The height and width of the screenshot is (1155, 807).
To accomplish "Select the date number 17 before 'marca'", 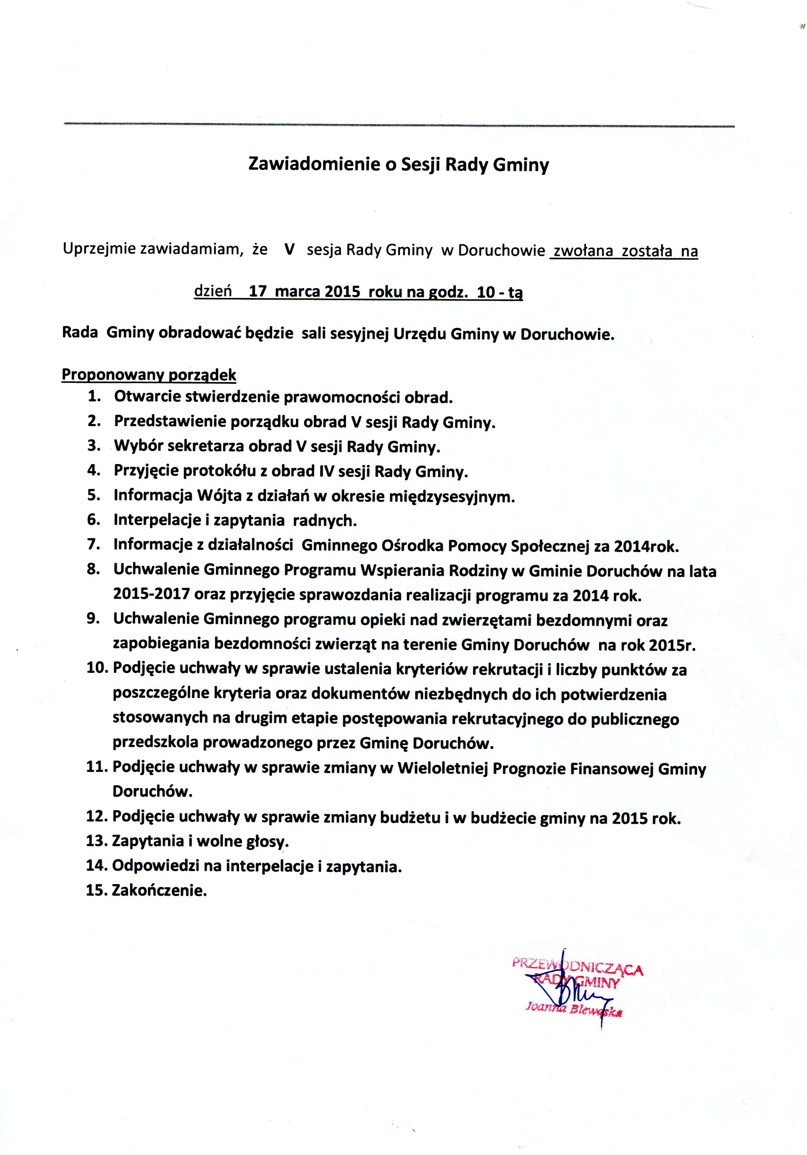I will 257,292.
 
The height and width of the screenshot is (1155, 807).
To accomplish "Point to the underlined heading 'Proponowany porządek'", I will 149,375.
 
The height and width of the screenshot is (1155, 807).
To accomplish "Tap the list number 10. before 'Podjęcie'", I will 97,669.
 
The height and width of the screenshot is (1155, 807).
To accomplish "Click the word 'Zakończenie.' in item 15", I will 159,891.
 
